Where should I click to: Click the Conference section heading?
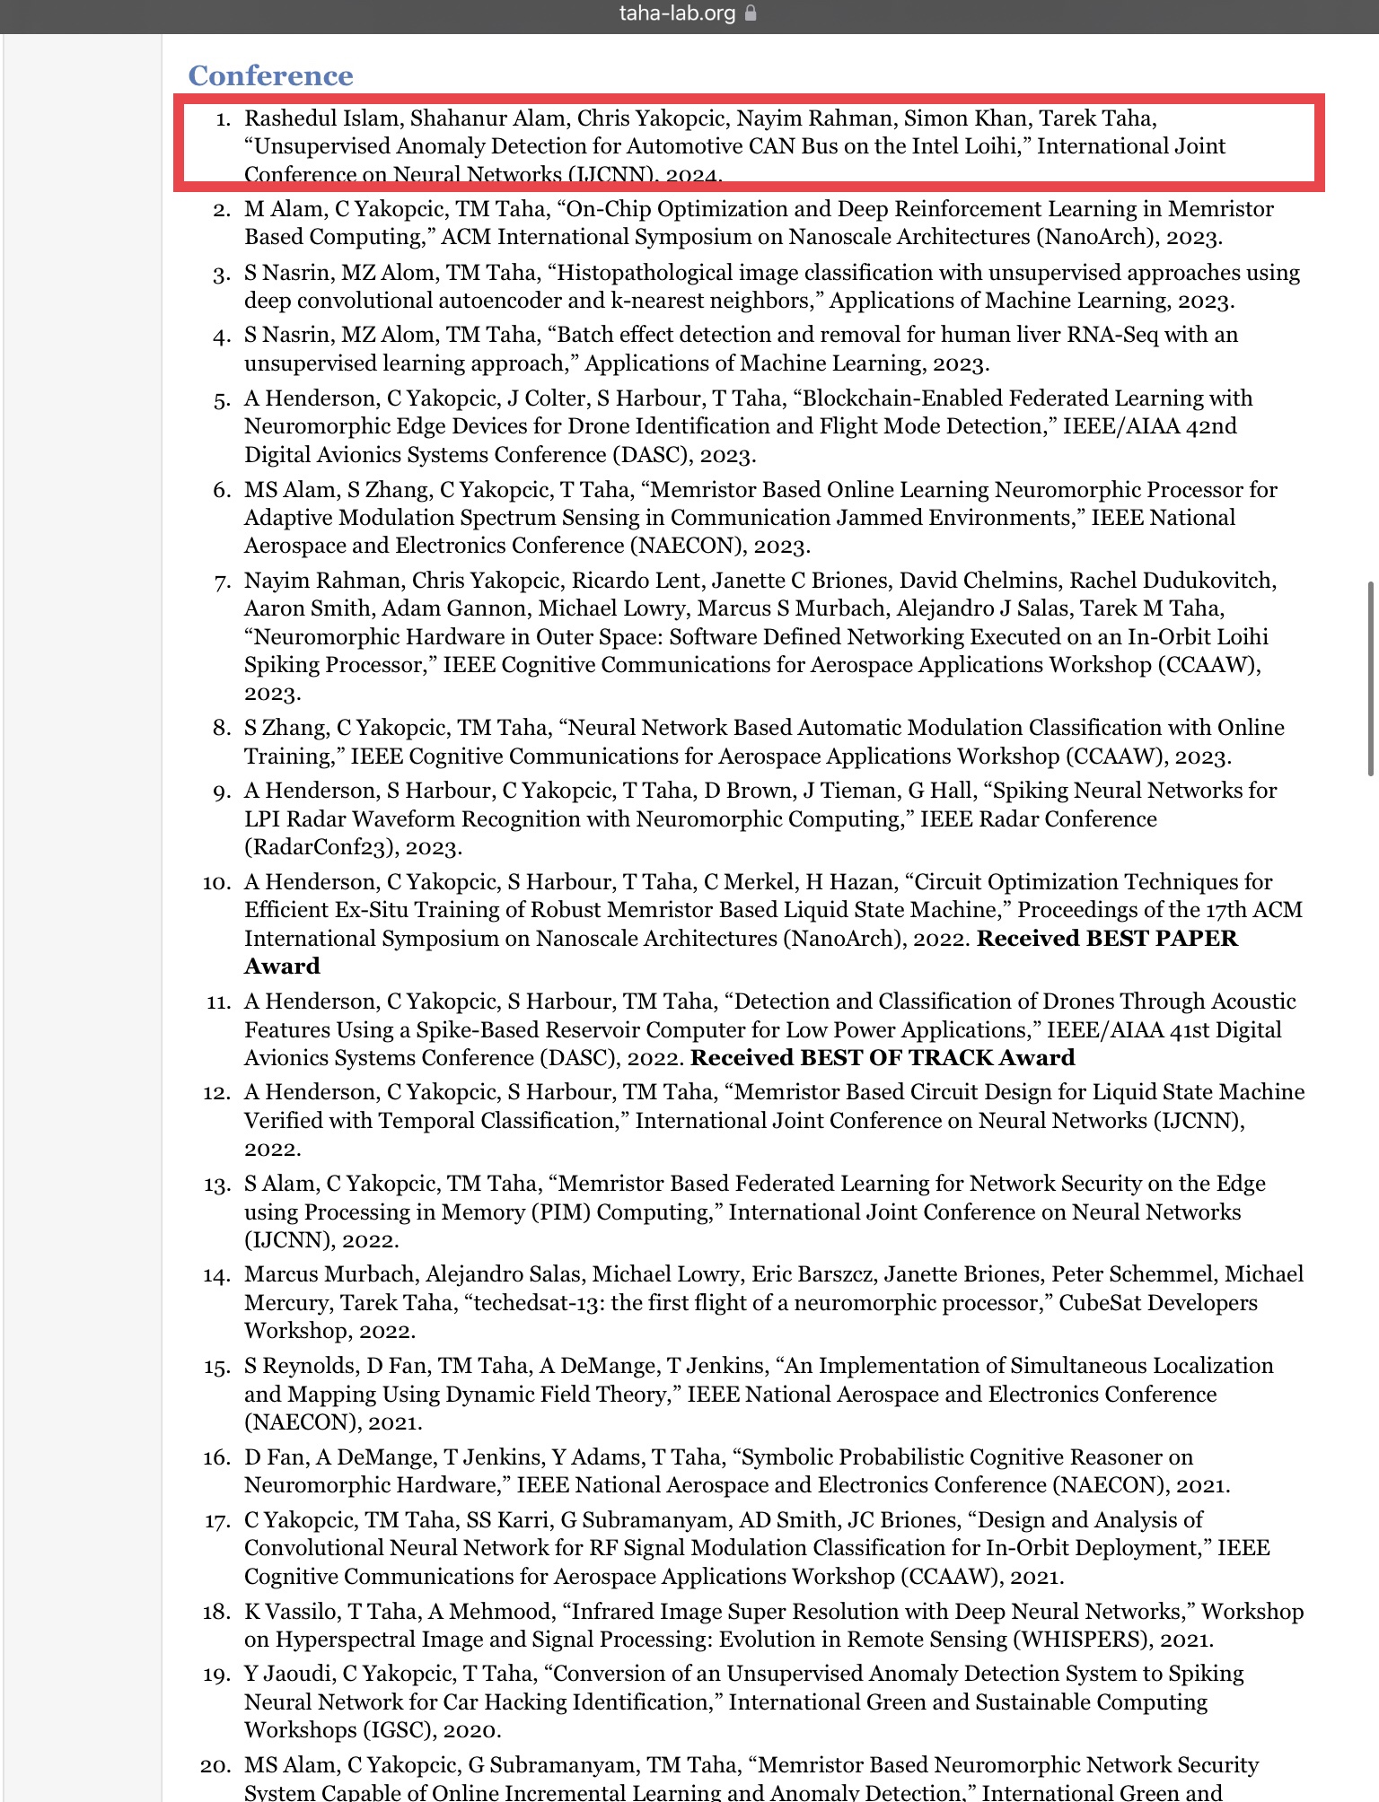pos(270,75)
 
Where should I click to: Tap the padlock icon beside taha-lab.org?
pos(751,13)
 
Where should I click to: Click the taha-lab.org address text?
pos(677,13)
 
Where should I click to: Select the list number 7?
pos(222,582)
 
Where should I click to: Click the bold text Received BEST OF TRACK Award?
pos(883,1057)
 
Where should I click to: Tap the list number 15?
pos(216,1367)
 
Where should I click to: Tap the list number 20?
pos(215,1766)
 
